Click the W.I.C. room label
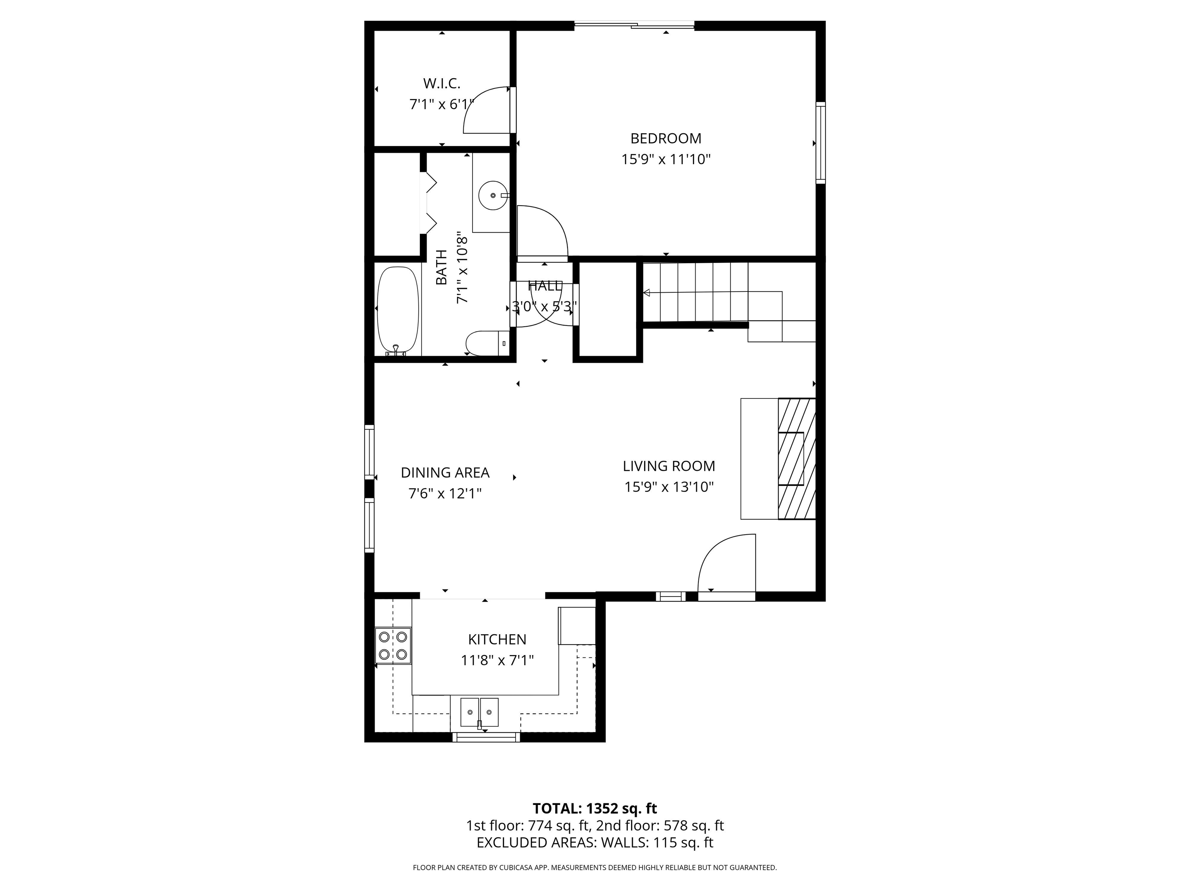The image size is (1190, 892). [x=442, y=83]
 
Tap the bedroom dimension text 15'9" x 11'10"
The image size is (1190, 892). [x=666, y=159]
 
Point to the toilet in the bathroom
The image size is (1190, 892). [x=487, y=343]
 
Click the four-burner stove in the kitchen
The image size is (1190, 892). [x=393, y=645]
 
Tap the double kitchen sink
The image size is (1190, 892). [x=479, y=712]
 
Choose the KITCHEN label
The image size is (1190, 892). [x=497, y=639]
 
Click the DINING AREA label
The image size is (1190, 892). [x=445, y=473]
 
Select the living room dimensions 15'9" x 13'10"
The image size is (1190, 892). [x=669, y=487]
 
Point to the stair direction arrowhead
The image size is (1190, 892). [x=647, y=293]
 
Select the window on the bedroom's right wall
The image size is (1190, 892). [x=820, y=142]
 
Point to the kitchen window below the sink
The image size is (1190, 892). [x=486, y=737]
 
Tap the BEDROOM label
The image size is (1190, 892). [x=666, y=138]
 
